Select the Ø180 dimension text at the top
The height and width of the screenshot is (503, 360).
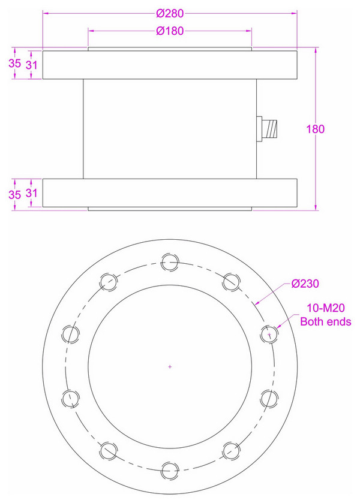[169, 31]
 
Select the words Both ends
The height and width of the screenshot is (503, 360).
[326, 322]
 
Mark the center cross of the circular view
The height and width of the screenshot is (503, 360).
[170, 366]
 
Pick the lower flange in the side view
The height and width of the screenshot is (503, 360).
[170, 192]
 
